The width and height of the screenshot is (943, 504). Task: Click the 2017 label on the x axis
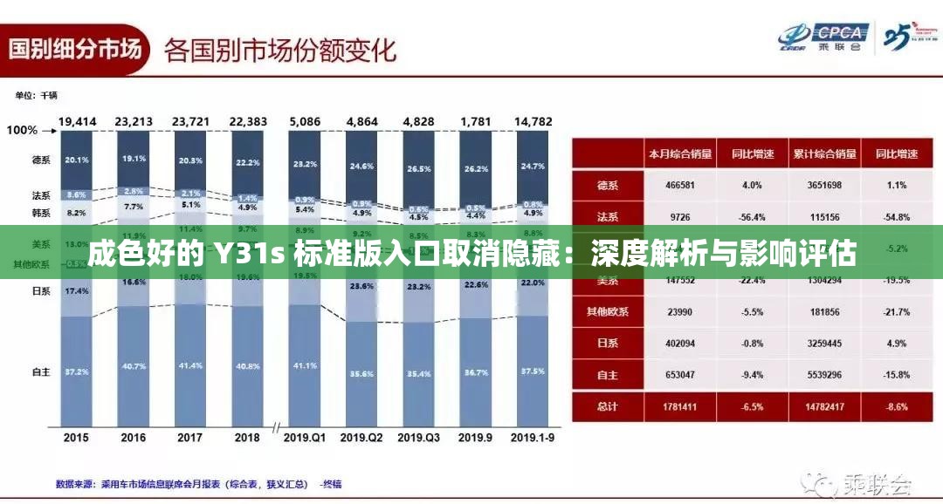pyautogui.click(x=189, y=438)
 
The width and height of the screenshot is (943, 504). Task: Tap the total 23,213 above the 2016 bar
pyautogui.click(x=134, y=121)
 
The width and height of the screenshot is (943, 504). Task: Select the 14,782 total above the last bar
pyautogui.click(x=533, y=121)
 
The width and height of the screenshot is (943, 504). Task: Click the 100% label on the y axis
pyautogui.click(x=22, y=130)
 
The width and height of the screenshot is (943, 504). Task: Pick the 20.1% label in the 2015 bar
pyautogui.click(x=77, y=160)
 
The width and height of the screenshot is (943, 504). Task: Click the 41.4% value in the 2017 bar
pyautogui.click(x=190, y=366)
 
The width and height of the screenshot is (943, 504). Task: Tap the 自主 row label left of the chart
pyautogui.click(x=41, y=371)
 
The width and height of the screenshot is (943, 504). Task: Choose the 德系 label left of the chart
pyautogui.click(x=41, y=160)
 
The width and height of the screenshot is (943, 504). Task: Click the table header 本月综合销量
pyautogui.click(x=679, y=153)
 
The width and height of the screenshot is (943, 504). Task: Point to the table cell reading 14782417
pyautogui.click(x=824, y=405)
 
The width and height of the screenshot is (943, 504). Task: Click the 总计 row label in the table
pyautogui.click(x=608, y=405)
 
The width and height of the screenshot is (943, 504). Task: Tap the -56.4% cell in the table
pyautogui.click(x=752, y=216)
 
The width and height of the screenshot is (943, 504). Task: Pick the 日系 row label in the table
pyautogui.click(x=608, y=343)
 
